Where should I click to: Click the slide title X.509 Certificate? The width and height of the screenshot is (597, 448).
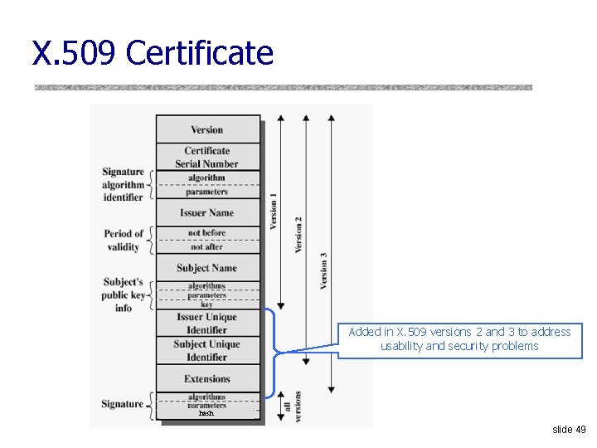pyautogui.click(x=153, y=53)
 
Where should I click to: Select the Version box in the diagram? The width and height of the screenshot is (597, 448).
pyautogui.click(x=207, y=129)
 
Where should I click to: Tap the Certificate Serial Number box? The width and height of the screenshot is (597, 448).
pyautogui.click(x=207, y=157)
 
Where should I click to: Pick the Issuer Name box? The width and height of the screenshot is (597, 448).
pyautogui.click(x=207, y=212)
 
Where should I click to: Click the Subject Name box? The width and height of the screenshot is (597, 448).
pyautogui.click(x=207, y=268)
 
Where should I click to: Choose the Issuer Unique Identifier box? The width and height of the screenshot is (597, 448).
pyautogui.click(x=207, y=324)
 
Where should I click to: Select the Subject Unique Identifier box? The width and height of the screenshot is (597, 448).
pyautogui.click(x=207, y=351)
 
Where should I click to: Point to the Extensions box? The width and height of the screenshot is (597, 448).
pyautogui.click(x=207, y=379)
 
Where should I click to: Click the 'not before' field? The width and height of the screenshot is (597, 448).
pyautogui.click(x=207, y=233)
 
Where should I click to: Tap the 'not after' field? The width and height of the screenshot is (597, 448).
pyautogui.click(x=207, y=246)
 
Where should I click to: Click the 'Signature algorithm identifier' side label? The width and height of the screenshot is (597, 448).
pyautogui.click(x=123, y=184)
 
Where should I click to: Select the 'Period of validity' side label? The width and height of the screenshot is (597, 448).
pyautogui.click(x=124, y=240)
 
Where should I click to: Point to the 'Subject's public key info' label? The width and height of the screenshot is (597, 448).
pyautogui.click(x=124, y=295)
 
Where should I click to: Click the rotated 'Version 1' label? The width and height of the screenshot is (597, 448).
pyautogui.click(x=274, y=212)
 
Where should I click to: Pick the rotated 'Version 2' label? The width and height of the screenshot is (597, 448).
pyautogui.click(x=298, y=235)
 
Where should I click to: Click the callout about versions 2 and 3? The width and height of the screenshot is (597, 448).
pyautogui.click(x=459, y=339)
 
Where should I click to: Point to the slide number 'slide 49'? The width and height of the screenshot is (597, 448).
pyautogui.click(x=569, y=430)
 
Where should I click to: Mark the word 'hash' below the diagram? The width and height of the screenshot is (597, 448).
pyautogui.click(x=206, y=413)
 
